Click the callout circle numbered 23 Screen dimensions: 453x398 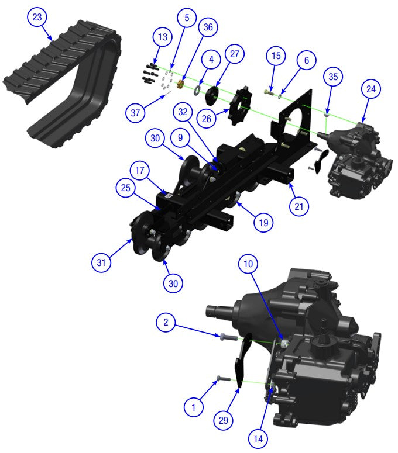point(37,18)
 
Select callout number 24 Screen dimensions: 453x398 point(372,90)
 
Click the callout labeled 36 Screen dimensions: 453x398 point(208,27)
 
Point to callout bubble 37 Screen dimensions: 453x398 point(135,112)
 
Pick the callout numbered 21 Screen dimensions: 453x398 point(299,206)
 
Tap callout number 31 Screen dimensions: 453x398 point(101,263)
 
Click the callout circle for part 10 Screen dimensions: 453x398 point(248,264)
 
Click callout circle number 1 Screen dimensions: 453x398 point(193,407)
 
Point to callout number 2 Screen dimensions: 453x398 point(166,321)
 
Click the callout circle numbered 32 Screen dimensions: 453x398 point(183,111)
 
